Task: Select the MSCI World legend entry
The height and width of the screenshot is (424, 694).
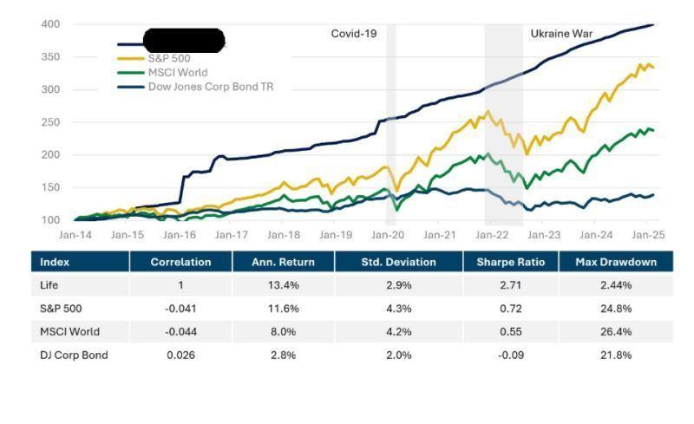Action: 178,73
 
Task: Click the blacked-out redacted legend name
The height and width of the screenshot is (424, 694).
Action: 183,40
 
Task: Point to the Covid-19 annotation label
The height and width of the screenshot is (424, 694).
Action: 354,34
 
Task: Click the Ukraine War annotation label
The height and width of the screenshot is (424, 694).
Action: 561,34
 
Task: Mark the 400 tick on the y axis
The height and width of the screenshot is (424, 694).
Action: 50,24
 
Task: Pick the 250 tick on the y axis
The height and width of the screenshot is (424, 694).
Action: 50,122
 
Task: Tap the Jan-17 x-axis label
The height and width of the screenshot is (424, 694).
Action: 232,235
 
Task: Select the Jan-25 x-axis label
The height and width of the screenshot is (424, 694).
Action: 647,235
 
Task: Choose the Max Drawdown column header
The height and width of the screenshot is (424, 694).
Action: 615,262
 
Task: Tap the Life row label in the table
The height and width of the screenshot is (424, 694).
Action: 50,284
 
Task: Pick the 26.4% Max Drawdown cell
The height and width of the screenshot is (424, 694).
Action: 615,331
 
